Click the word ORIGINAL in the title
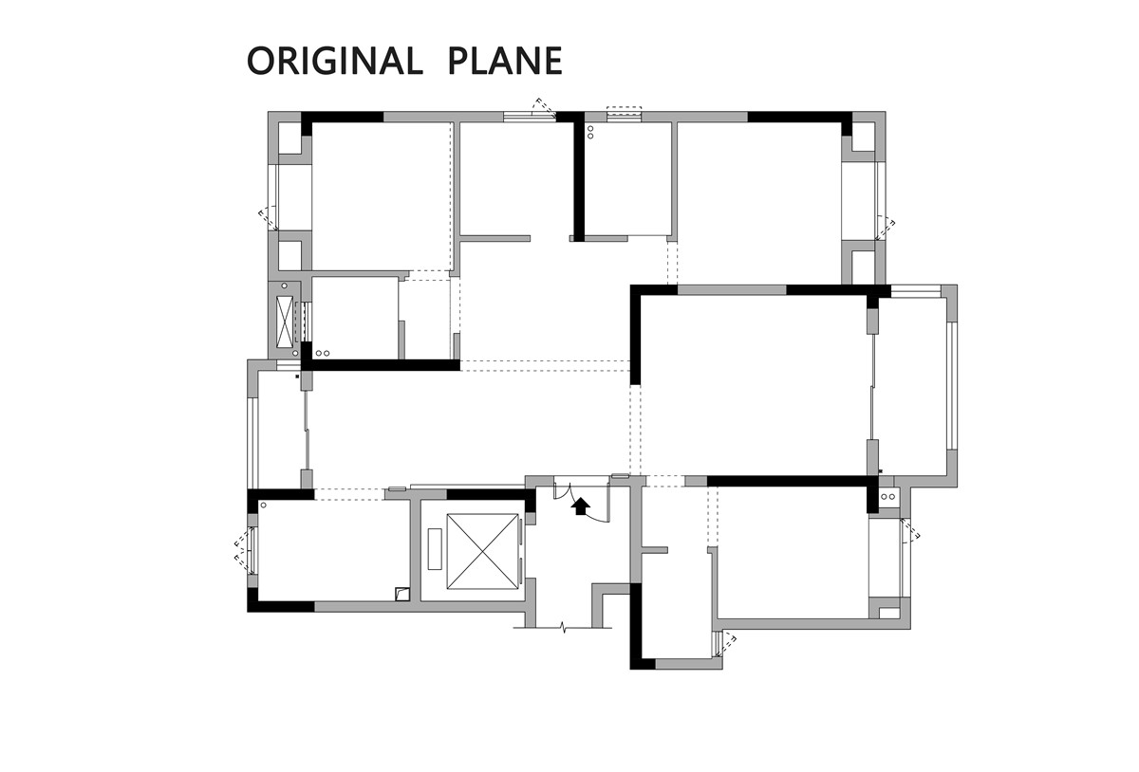click(x=334, y=61)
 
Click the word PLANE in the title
click(x=505, y=61)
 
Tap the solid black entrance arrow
click(x=580, y=506)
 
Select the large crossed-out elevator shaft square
click(x=482, y=551)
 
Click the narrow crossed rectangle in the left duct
click(x=284, y=322)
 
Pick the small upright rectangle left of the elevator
click(x=435, y=549)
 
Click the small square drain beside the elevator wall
click(x=402, y=594)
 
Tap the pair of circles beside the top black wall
click(x=590, y=132)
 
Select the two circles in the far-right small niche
click(x=887, y=496)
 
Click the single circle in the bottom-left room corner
click(x=264, y=505)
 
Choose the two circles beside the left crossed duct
click(x=323, y=353)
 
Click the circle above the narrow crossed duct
click(x=284, y=286)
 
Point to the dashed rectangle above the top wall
click(x=625, y=115)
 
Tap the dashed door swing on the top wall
click(x=543, y=105)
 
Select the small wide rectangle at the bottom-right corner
click(x=889, y=613)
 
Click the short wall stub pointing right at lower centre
click(x=654, y=550)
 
